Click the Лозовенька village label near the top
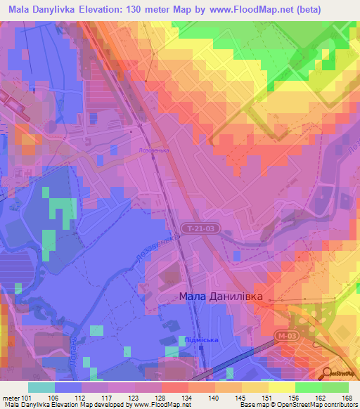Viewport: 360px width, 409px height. point(155,151)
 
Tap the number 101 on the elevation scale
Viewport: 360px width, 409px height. point(28,397)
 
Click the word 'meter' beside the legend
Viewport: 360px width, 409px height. point(11,397)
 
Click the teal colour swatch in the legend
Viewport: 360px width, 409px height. point(41,387)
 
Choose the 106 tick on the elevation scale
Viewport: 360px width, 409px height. point(55,397)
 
